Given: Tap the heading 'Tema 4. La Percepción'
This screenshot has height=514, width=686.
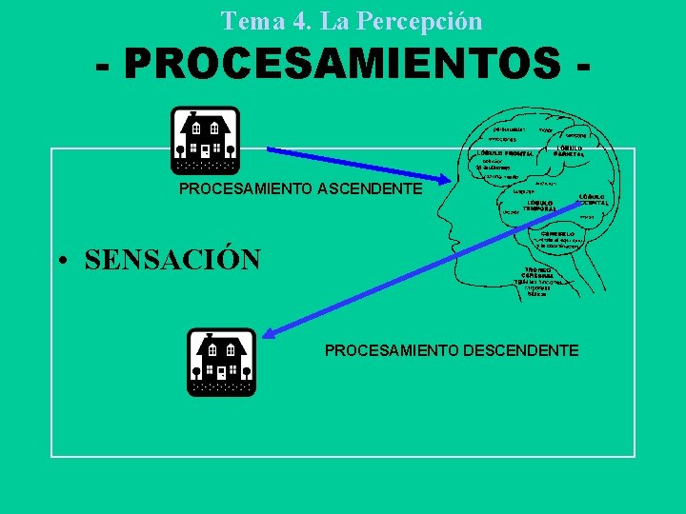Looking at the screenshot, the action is [x=352, y=20].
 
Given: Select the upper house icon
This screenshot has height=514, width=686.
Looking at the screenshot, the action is [x=205, y=140].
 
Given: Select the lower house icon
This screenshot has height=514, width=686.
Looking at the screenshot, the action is [x=221, y=362].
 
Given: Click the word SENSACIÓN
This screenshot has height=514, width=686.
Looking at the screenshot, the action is [x=172, y=260].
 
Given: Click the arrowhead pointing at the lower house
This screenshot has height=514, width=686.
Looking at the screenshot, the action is [x=270, y=333].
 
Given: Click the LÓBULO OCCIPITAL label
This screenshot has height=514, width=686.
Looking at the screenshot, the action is [x=594, y=199].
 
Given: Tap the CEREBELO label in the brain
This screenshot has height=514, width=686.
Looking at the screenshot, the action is [x=560, y=233].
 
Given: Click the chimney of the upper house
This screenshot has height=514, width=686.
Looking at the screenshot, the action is [x=192, y=114].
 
